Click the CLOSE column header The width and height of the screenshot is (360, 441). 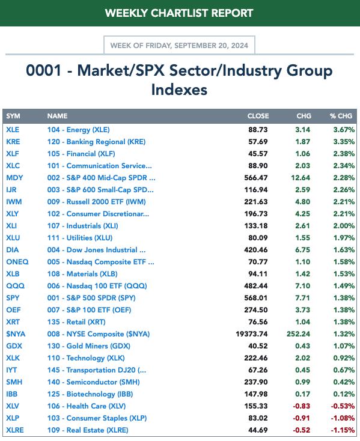click(x=258, y=116)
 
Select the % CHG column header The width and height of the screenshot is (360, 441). click(x=341, y=116)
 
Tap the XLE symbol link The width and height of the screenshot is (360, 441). click(x=13, y=130)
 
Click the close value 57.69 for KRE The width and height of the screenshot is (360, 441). click(x=258, y=142)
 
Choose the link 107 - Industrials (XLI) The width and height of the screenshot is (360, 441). click(x=83, y=226)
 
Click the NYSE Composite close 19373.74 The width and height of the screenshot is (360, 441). click(x=252, y=334)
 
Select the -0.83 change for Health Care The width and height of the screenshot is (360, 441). click(x=301, y=406)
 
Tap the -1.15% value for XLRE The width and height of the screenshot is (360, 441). click(x=343, y=430)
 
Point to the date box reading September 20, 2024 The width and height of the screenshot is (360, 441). click(x=179, y=45)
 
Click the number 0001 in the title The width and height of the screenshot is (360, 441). click(x=43, y=70)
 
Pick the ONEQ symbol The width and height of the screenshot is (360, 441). click(x=17, y=262)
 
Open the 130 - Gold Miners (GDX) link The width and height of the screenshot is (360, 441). click(x=88, y=346)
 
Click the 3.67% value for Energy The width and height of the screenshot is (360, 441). click(x=344, y=130)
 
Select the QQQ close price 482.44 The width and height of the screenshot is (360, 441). click(x=256, y=286)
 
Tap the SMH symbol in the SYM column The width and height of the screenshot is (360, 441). click(x=14, y=382)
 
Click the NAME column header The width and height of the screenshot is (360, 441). click(x=57, y=116)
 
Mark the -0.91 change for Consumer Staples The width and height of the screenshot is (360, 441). click(x=301, y=418)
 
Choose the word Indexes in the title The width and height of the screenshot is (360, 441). click(x=179, y=90)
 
